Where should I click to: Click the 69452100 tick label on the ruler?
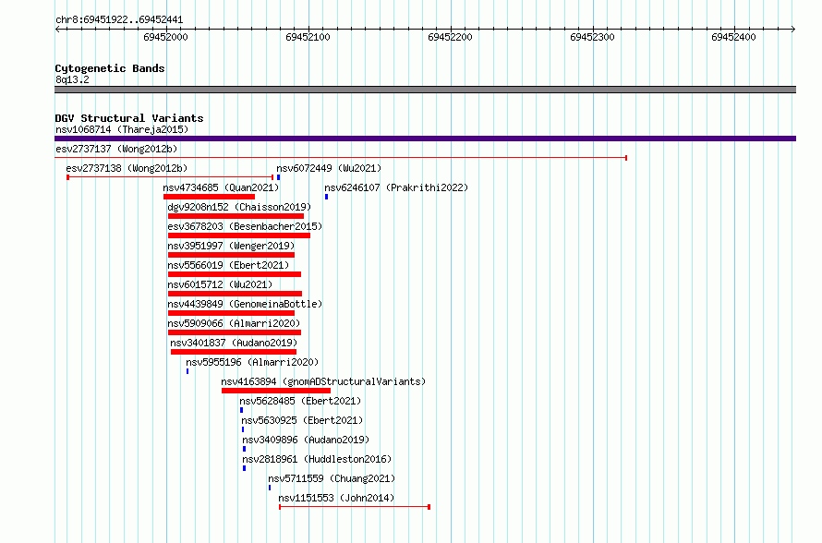308,37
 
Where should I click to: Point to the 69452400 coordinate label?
733,37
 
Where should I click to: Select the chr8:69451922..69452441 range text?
119,20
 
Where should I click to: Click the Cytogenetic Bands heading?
110,68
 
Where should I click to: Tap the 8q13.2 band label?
72,79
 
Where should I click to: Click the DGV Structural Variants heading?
129,118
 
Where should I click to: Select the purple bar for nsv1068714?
425,139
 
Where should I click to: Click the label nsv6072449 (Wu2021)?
329,168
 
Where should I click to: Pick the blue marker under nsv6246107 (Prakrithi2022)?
326,197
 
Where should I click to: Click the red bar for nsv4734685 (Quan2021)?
209,197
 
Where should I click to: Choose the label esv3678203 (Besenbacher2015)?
245,226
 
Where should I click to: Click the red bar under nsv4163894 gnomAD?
276,391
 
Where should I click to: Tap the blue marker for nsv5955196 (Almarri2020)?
187,371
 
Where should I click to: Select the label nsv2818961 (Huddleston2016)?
317,459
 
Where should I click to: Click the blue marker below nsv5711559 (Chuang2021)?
270,488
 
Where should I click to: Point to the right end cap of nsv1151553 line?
429,507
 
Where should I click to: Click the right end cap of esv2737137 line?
626,158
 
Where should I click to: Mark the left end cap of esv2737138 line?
67,177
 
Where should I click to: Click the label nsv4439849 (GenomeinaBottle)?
245,304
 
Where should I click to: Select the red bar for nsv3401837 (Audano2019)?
234,352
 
